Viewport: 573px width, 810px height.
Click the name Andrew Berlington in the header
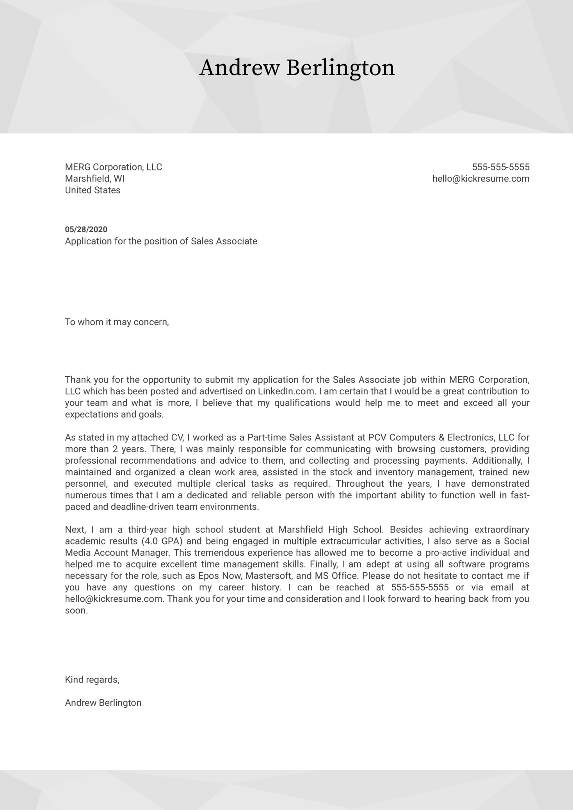point(297,68)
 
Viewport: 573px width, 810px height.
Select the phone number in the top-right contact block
point(500,167)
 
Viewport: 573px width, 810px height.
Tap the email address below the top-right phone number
point(480,179)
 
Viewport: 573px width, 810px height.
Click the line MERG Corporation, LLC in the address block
point(113,167)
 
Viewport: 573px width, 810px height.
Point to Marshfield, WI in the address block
point(94,179)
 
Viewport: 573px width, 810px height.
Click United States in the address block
point(93,190)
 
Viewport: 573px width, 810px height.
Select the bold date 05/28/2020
point(86,229)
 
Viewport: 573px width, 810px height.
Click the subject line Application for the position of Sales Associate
point(161,241)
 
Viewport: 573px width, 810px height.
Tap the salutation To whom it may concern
point(117,322)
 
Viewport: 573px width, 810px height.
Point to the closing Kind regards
point(92,680)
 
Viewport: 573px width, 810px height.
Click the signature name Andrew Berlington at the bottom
point(103,703)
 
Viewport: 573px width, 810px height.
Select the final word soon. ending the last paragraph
point(76,611)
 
